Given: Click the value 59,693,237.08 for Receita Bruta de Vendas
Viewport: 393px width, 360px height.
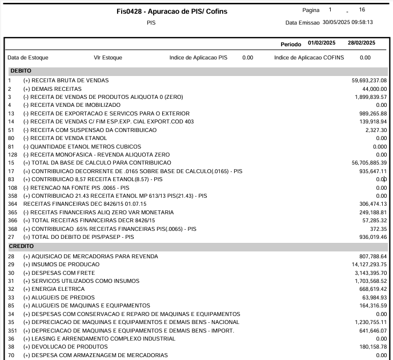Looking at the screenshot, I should (x=369, y=81).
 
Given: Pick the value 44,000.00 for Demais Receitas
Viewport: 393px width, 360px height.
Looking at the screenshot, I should (x=375, y=89).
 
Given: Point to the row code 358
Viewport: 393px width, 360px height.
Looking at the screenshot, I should (x=13, y=196).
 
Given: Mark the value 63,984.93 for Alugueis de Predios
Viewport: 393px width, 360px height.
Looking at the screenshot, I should (x=374, y=298).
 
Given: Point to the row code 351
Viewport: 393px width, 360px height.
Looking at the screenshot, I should (x=13, y=331).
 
